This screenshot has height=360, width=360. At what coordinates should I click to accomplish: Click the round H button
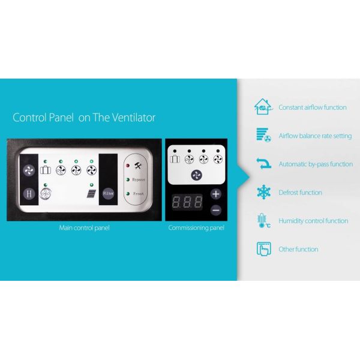coord(29,194)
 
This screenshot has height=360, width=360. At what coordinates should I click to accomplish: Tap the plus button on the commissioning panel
coord(216,194)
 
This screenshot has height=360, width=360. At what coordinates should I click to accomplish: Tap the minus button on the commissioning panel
coord(216,211)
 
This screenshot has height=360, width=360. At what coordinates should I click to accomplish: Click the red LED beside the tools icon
coord(128,166)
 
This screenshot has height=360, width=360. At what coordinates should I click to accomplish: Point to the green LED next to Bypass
coord(128,179)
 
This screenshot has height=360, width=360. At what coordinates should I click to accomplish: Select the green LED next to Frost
coord(128,194)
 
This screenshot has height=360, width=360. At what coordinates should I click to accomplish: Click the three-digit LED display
coord(187,202)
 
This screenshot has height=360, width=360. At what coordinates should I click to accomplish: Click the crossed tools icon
coord(138,166)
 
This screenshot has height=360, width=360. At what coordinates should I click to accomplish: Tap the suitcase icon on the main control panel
coord(46,170)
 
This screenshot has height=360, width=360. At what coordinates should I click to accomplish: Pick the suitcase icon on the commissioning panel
coord(175,159)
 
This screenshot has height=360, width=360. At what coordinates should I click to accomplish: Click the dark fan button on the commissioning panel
coord(197,175)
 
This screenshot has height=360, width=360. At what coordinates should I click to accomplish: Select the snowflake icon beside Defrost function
coord(263,192)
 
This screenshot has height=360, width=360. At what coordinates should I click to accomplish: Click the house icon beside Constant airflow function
coord(263,107)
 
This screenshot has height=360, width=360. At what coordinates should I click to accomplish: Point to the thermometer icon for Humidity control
coord(263,221)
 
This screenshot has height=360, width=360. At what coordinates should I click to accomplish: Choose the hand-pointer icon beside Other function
coord(264,249)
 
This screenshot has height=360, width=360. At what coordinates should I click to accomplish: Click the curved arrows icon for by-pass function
coord(263,163)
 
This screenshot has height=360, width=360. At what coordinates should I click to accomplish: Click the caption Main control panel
coord(84,228)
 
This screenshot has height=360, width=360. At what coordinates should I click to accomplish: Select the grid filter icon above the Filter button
coord(91,194)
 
